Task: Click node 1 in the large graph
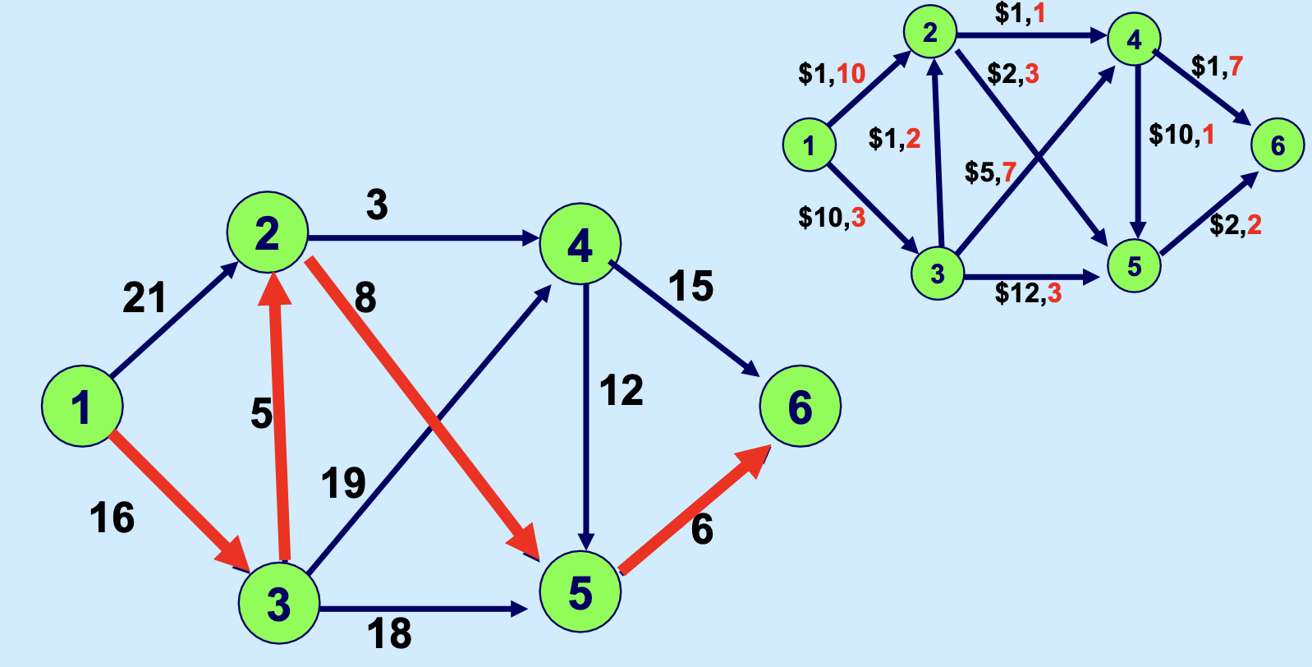82,406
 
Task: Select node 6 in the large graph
800,407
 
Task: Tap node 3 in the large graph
278,604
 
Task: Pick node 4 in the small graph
1134,39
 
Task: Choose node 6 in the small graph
1278,145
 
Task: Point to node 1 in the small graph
810,145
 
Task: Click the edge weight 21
145,297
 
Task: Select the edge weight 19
343,483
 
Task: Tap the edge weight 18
389,633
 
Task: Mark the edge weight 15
690,287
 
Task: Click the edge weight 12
621,391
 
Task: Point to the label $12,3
1028,292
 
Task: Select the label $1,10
832,74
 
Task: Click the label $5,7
990,172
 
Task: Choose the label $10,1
1181,134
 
